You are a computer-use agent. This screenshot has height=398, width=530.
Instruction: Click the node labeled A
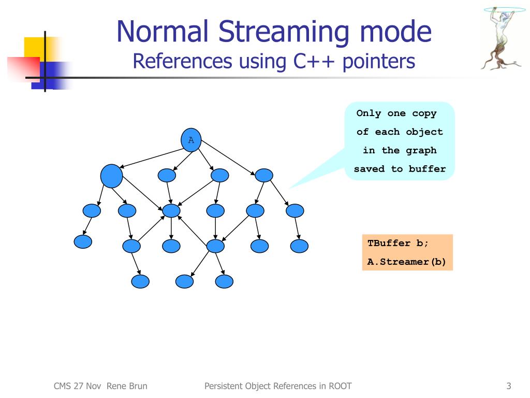pos(191,140)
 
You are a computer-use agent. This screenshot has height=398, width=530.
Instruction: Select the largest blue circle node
pos(112,176)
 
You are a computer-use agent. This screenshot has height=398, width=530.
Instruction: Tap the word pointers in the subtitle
pos(379,62)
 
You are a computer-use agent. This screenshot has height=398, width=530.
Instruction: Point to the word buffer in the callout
pos(427,168)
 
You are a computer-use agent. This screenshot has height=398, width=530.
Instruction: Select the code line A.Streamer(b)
pos(406,262)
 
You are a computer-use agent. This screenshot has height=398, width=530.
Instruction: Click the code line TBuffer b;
pos(398,243)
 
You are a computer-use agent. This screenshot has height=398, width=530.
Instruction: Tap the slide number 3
pos(509,386)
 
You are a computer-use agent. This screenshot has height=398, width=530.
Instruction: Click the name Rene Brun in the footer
pos(127,386)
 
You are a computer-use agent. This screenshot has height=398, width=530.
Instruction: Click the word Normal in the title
pos(162,31)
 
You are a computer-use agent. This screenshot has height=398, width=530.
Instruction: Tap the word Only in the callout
pos(369,113)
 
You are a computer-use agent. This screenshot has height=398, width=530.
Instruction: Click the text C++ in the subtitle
pos(314,61)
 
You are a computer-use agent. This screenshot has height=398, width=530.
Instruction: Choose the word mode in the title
pos(396,31)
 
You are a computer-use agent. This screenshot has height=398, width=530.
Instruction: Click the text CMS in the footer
pos(62,386)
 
